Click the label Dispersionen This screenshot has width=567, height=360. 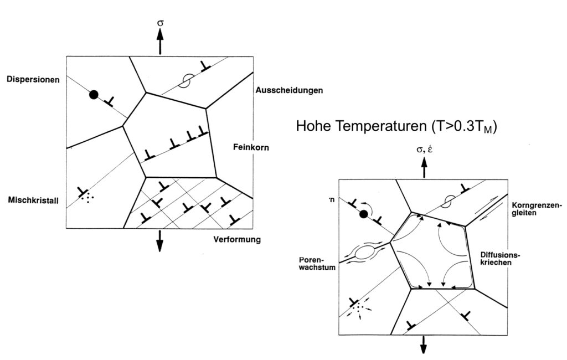click(x=33, y=80)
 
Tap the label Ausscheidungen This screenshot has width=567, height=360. click(x=289, y=90)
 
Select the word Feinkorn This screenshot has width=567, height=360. click(x=251, y=147)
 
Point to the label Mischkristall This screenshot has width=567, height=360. click(x=33, y=200)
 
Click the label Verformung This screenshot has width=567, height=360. click(x=237, y=239)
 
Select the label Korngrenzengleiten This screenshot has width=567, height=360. click(x=537, y=209)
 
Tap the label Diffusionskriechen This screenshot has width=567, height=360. click(x=500, y=258)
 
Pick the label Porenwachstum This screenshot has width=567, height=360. click(x=317, y=264)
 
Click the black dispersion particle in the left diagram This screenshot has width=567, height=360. click(x=94, y=95)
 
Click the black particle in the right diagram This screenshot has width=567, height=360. click(x=364, y=214)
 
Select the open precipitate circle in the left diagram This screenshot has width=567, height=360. click(x=188, y=81)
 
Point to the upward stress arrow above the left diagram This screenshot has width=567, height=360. click(x=160, y=41)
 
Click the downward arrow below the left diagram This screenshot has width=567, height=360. click(x=159, y=240)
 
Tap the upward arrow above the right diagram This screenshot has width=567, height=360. click(x=424, y=167)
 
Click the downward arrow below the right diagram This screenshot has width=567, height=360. click(x=423, y=344)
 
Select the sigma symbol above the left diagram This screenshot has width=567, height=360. click(x=160, y=23)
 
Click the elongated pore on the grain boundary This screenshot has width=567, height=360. click(x=365, y=251)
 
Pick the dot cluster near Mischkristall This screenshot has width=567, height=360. click(x=87, y=198)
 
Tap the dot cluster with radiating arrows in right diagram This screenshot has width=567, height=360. click(x=358, y=308)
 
